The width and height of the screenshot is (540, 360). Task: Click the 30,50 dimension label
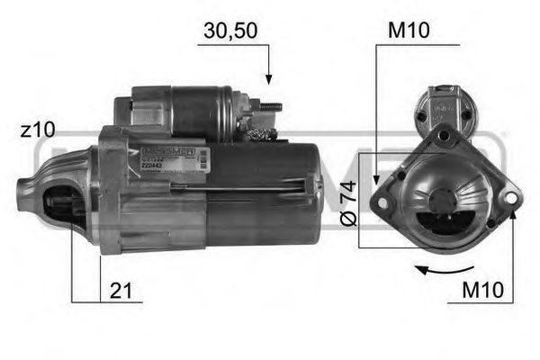pyautogui.click(x=231, y=31)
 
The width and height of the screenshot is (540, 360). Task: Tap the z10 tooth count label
pyautogui.click(x=37, y=130)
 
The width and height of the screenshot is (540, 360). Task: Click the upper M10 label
pyautogui.click(x=408, y=31)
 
